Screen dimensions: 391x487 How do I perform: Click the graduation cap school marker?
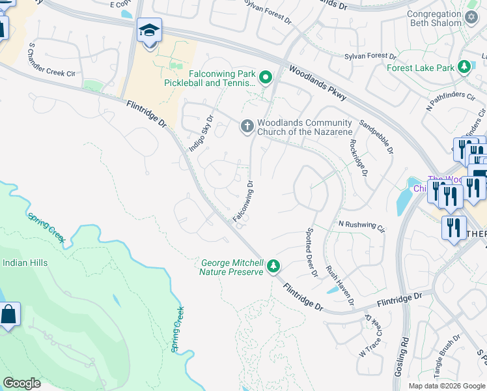point(149,31)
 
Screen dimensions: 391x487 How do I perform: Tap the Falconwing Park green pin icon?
point(265,78)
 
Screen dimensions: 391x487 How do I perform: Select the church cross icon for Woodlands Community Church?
point(247,126)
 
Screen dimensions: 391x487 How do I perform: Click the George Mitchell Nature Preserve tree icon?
point(274,266)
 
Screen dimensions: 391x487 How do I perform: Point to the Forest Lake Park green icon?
point(464,67)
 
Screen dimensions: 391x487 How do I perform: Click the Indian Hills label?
point(25,263)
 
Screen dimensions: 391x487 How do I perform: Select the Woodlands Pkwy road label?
point(317,84)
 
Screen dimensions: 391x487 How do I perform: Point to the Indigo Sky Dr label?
point(201,134)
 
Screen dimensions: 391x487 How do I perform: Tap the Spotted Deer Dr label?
point(311,252)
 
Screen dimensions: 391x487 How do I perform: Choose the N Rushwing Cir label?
point(361,225)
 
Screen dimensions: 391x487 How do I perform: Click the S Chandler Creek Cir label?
point(52,60)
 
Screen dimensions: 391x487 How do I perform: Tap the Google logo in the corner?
point(21,383)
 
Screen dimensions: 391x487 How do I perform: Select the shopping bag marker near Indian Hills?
point(8,315)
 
